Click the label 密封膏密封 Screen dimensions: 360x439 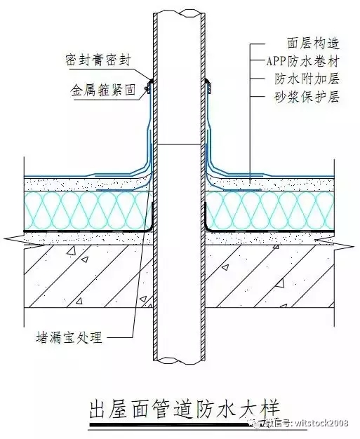(98, 60)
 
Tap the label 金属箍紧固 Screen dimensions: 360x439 (103, 90)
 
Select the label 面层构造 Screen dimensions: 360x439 (313, 43)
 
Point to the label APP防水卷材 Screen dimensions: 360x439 (303, 61)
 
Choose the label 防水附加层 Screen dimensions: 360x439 (307, 79)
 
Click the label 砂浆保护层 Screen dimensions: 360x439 (307, 97)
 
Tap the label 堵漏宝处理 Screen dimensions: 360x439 (69, 337)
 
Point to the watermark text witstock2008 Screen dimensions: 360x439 (321, 423)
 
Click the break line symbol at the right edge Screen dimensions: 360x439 (334, 243)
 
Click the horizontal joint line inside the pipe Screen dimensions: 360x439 (180, 144)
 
